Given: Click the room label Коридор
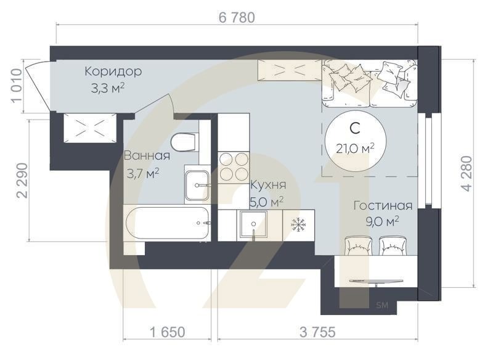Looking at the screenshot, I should (113, 72).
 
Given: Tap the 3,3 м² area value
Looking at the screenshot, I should (108, 88).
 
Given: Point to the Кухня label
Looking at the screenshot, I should (267, 185).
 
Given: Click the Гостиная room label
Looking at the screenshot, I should (382, 205).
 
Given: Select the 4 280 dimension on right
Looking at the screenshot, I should (467, 173).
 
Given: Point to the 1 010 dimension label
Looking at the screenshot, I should (17, 87).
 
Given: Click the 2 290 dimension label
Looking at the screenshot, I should (22, 180).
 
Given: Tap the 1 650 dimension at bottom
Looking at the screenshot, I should (167, 332).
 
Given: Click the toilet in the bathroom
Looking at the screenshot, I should (184, 142).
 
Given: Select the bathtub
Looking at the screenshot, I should (166, 223).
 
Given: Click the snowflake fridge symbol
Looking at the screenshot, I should (298, 224).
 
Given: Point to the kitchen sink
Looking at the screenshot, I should (253, 224).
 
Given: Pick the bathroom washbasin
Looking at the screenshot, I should (198, 184).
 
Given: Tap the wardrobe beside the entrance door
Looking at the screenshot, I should (89, 128).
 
